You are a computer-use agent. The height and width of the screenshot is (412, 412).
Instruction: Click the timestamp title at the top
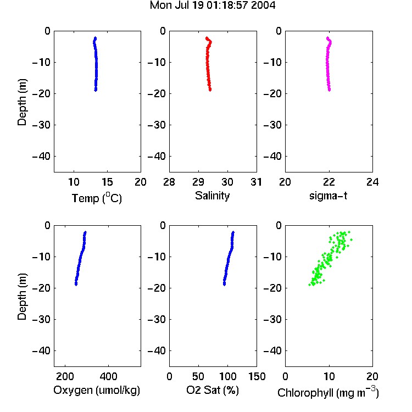coord(212,5)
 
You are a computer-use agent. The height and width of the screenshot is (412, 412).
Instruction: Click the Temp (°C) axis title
coord(97,198)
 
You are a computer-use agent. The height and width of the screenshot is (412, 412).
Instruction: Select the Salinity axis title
coord(212,196)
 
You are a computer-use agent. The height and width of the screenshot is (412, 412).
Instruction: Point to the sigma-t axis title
coord(328,196)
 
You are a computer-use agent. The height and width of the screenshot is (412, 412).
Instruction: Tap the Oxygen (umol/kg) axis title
coord(97,390)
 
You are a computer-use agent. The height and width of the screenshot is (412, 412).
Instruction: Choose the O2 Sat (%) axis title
coord(212,390)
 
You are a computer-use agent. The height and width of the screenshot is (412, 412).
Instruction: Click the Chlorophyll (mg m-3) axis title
coord(328,392)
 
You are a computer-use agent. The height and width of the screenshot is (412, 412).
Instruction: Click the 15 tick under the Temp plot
coord(107,182)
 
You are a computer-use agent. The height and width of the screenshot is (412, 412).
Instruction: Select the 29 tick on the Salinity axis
coord(198,182)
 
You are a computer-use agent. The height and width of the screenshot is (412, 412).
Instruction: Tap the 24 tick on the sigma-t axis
coord(372,182)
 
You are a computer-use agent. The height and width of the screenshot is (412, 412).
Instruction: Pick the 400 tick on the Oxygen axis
coord(108,376)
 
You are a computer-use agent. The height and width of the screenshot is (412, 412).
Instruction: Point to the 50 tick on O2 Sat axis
coord(198,376)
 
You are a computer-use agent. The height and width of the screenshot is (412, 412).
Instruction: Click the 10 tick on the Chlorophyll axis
coord(329,376)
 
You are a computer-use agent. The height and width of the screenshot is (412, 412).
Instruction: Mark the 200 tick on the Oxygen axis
coord(65,376)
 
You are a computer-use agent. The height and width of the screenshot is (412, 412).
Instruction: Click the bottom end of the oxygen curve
coord(76,285)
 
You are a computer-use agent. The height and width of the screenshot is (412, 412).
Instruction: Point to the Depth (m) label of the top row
coord(22,102)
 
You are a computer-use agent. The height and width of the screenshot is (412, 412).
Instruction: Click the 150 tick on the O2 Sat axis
coord(257,376)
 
